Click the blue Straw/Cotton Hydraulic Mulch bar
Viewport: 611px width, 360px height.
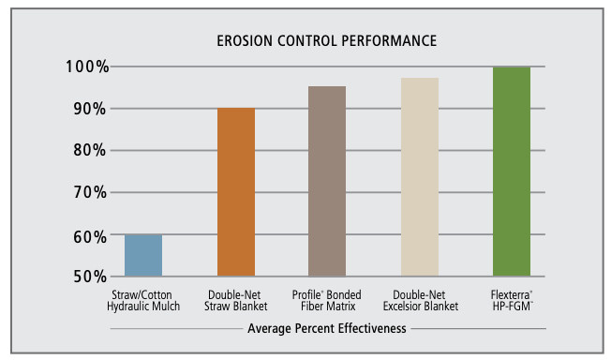(143, 256)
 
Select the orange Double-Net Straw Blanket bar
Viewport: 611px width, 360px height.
(236, 192)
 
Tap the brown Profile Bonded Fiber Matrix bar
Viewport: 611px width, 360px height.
(327, 181)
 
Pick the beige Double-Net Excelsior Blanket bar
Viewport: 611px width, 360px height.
(420, 177)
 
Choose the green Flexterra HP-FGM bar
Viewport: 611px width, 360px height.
(512, 172)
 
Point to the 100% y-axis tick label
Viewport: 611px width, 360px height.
(87, 67)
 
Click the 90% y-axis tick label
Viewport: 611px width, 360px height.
(90, 109)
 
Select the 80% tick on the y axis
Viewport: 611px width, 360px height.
(90, 150)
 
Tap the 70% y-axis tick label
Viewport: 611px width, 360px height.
(90, 192)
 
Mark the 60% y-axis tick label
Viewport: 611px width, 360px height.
(90, 237)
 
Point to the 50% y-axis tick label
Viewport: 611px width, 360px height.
(90, 277)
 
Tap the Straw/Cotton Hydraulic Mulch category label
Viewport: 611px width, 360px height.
(143, 301)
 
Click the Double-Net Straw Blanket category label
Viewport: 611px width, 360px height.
(236, 301)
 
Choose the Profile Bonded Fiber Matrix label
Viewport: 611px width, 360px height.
(327, 301)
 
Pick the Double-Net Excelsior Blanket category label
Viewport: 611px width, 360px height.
(421, 301)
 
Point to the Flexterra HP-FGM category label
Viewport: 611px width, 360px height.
(512, 301)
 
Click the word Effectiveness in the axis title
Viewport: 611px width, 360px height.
(372, 328)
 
